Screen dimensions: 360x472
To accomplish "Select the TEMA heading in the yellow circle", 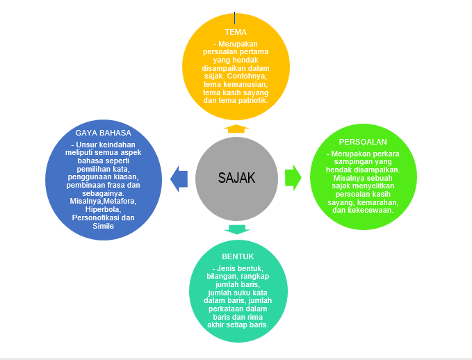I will pos(236,32).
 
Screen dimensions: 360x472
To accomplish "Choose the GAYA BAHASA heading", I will pos(103,132).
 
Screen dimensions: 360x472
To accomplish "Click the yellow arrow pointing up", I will pos(236,128).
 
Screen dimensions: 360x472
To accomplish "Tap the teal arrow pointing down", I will pos(236,229).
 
